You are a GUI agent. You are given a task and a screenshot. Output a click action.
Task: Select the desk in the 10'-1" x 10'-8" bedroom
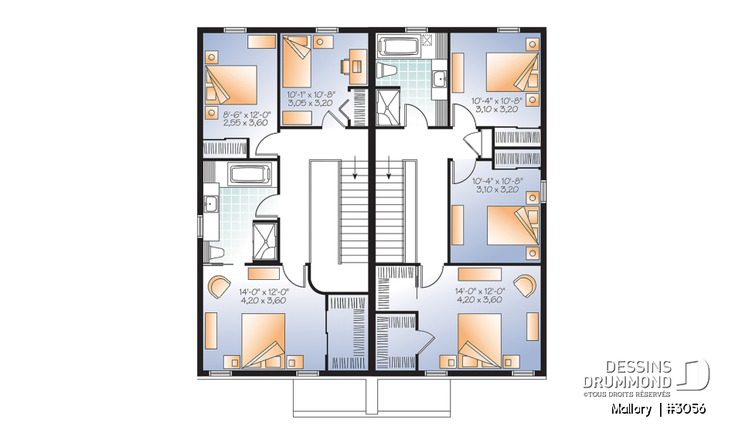pyautogui.click(x=357, y=65)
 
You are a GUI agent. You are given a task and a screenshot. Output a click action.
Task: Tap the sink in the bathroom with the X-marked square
pyautogui.click(x=439, y=77)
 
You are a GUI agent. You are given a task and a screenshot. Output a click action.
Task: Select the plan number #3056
pyautogui.click(x=684, y=408)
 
